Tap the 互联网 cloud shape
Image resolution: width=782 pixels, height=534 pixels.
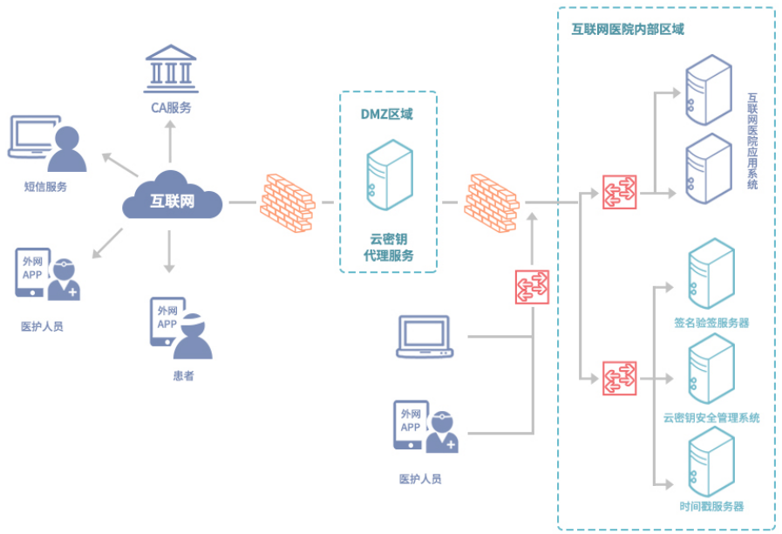pos(173,200)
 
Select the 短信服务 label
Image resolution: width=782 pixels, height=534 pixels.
pos(45,187)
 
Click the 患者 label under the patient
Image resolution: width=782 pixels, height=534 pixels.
pos(183,375)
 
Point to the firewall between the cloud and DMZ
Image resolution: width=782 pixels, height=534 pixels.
pos(285,202)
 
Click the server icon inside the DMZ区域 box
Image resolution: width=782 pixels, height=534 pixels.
pos(389,174)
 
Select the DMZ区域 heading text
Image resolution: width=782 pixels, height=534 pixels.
pos(387,114)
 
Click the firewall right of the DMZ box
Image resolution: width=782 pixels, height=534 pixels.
pos(493,202)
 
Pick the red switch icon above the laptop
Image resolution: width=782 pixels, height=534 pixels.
pos(532,286)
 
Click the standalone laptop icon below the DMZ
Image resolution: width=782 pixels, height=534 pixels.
pos(424,337)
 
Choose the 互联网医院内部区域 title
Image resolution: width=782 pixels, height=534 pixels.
pos(628,29)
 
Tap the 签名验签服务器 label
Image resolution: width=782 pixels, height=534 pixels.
pos(711,323)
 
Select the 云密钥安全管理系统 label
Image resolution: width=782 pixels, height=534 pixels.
pos(711,417)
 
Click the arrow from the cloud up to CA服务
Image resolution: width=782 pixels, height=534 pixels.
pos(170,140)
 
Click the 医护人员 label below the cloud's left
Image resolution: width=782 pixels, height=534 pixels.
pos(43,326)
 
